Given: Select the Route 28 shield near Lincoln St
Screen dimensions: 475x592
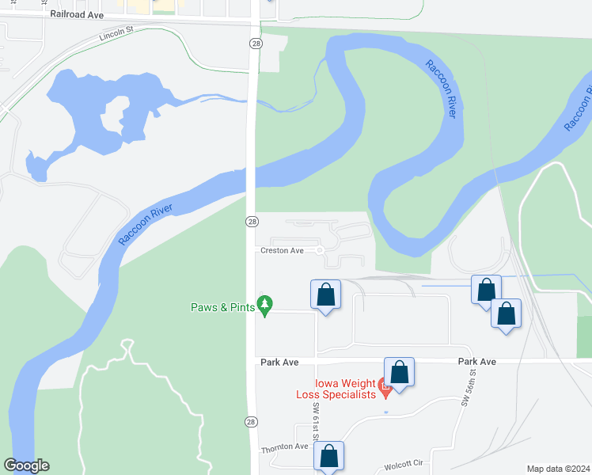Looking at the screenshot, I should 254,44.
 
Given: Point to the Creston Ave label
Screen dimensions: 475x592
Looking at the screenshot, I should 283,250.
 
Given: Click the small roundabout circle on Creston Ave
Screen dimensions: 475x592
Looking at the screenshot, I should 320,250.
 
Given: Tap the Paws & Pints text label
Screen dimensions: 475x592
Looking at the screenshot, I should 223,307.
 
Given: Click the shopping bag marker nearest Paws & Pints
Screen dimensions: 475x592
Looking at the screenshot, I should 325,296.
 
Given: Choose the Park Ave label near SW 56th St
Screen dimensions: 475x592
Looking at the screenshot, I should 476,361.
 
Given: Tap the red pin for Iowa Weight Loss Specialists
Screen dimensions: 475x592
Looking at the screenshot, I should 385,389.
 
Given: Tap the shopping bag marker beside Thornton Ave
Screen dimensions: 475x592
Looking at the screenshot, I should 329,457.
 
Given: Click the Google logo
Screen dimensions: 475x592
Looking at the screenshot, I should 26,465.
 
